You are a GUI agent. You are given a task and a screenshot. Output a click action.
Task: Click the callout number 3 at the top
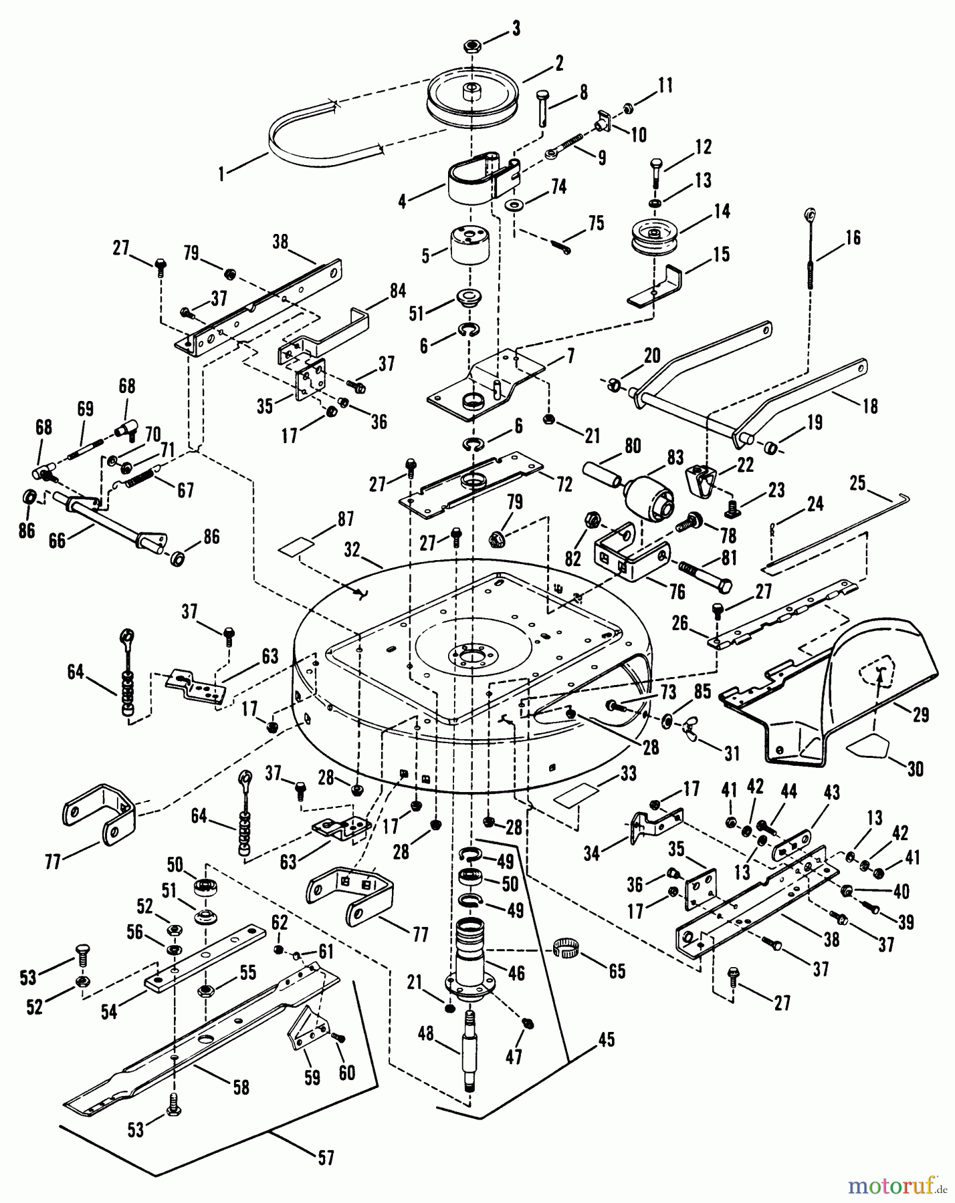click(x=515, y=29)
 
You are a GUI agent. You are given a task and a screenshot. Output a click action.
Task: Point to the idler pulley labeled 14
click(x=654, y=237)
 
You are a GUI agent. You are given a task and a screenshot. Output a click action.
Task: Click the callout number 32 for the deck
click(x=352, y=549)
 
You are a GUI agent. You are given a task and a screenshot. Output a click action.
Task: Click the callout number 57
click(x=325, y=1158)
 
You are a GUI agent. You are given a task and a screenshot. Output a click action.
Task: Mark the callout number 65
click(x=617, y=970)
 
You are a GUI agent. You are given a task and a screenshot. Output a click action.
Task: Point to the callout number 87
click(x=346, y=519)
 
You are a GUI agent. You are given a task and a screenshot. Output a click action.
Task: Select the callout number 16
click(x=853, y=238)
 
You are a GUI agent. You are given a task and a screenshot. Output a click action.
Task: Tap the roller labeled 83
click(x=649, y=495)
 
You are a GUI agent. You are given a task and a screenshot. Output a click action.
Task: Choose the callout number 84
click(x=398, y=291)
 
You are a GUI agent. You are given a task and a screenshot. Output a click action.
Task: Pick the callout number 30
click(x=915, y=769)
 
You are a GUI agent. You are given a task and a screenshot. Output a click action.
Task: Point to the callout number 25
click(x=857, y=481)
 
